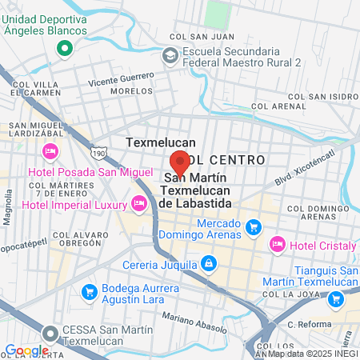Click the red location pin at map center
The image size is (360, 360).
(180, 162)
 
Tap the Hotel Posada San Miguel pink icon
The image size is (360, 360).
(50, 151)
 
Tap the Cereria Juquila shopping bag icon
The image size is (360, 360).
(208, 262)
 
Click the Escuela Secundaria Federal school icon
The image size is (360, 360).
(170, 54)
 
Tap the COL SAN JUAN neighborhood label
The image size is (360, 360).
(194, 36)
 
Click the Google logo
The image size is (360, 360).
(26, 350)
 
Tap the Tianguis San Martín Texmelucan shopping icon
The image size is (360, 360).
(336, 298)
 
